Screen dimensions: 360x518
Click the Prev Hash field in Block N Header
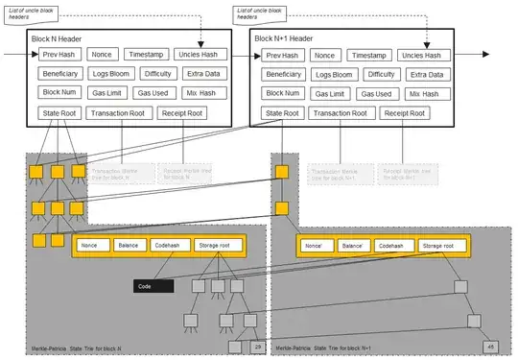coord(59,55)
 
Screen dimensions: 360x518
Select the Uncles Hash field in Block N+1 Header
coord(426,56)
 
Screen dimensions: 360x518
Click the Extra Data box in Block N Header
coord(202,74)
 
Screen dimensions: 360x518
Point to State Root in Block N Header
coord(59,112)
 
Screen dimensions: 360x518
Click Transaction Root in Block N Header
coord(120,112)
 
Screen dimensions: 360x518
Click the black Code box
coord(153,286)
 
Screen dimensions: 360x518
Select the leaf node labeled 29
coord(257,347)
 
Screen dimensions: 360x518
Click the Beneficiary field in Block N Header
coord(63,74)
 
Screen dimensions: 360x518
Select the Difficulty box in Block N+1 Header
coord(381,74)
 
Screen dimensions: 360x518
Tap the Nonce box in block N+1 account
coord(313,246)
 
